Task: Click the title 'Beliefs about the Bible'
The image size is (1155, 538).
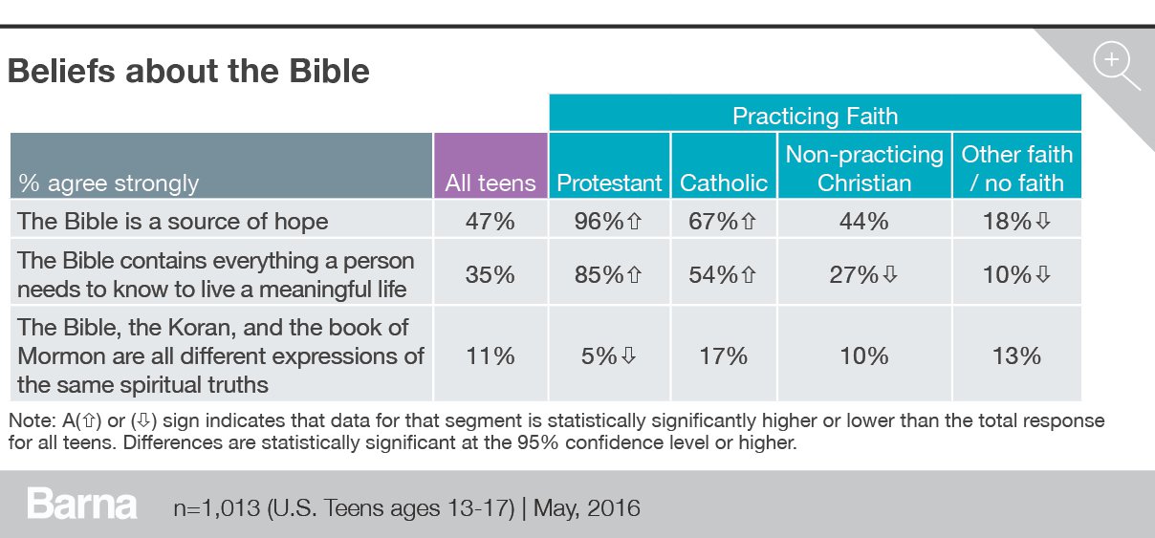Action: tap(188, 72)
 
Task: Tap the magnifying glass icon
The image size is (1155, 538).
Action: tap(1115, 66)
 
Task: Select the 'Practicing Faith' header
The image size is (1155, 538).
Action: tap(815, 117)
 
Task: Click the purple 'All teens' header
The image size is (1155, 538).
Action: tap(490, 183)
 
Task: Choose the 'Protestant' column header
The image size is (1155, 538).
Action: tap(609, 183)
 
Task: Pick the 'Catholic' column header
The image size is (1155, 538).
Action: tap(724, 183)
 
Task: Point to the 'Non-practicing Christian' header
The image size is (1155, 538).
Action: tap(864, 168)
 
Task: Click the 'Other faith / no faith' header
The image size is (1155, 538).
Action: tap(1016, 168)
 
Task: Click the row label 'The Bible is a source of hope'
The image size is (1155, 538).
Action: tap(173, 221)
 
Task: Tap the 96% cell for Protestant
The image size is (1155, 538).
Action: tap(609, 221)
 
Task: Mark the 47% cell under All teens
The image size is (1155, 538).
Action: tap(490, 221)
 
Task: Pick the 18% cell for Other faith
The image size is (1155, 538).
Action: tap(1016, 221)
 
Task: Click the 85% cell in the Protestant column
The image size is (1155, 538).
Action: tap(609, 274)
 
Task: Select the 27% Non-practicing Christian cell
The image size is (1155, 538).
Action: tap(864, 274)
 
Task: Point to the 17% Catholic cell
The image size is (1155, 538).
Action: tap(724, 355)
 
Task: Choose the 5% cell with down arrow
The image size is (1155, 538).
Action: tap(609, 355)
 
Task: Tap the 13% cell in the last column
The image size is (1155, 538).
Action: tap(1016, 355)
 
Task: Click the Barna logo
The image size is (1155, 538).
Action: tap(82, 505)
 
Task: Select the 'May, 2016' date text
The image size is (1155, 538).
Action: tap(587, 506)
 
